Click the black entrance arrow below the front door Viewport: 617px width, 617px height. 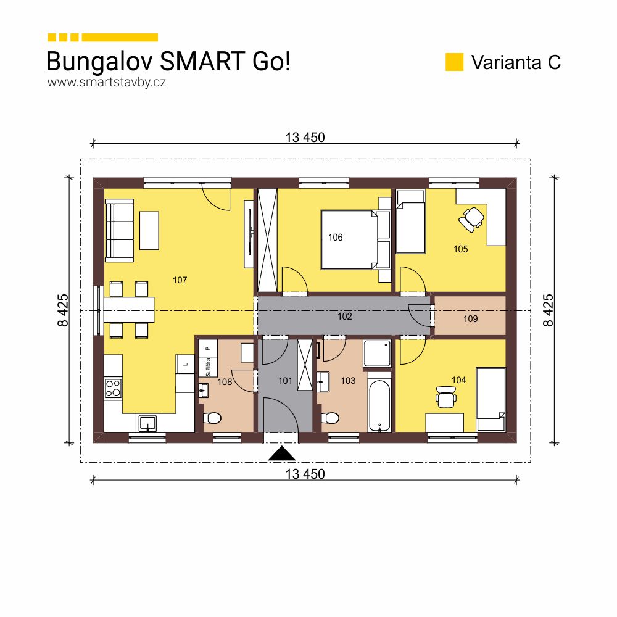click(x=283, y=454)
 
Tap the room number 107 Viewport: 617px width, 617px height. click(x=180, y=280)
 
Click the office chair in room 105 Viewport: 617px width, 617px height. click(x=472, y=218)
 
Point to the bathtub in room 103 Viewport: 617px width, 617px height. click(x=379, y=405)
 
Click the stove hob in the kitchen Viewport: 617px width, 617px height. click(x=113, y=387)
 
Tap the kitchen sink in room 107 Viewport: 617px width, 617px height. click(x=147, y=423)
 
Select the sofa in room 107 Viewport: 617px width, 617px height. click(x=118, y=230)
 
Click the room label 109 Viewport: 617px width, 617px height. click(x=470, y=319)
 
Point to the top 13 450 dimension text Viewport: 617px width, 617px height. click(x=305, y=138)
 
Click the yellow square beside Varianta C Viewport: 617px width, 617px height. click(x=454, y=62)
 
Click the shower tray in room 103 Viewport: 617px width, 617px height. click(x=376, y=353)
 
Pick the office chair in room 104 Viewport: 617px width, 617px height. click(x=445, y=397)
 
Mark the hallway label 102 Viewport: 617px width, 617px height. click(x=344, y=316)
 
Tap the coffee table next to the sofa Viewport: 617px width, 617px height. click(x=149, y=230)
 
